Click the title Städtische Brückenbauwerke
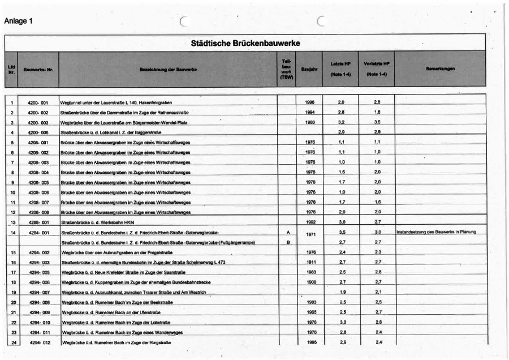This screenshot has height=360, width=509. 245,43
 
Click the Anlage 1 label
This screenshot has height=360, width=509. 19,22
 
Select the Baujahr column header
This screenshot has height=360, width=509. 309,70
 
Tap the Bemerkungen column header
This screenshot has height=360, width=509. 439,69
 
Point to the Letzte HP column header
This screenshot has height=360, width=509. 340,68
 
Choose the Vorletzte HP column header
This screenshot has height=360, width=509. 376,68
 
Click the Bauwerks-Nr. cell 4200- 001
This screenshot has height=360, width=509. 38,102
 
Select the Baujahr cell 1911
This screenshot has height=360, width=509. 310,263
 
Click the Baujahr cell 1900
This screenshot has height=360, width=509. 310,282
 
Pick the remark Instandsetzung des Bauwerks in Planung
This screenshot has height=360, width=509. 436,232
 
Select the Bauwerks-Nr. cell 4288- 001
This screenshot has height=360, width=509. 38,222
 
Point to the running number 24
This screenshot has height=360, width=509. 12,342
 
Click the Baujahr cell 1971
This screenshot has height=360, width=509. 310,233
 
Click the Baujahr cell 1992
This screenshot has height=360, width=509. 310,222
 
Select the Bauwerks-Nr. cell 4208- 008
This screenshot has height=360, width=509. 38,212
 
